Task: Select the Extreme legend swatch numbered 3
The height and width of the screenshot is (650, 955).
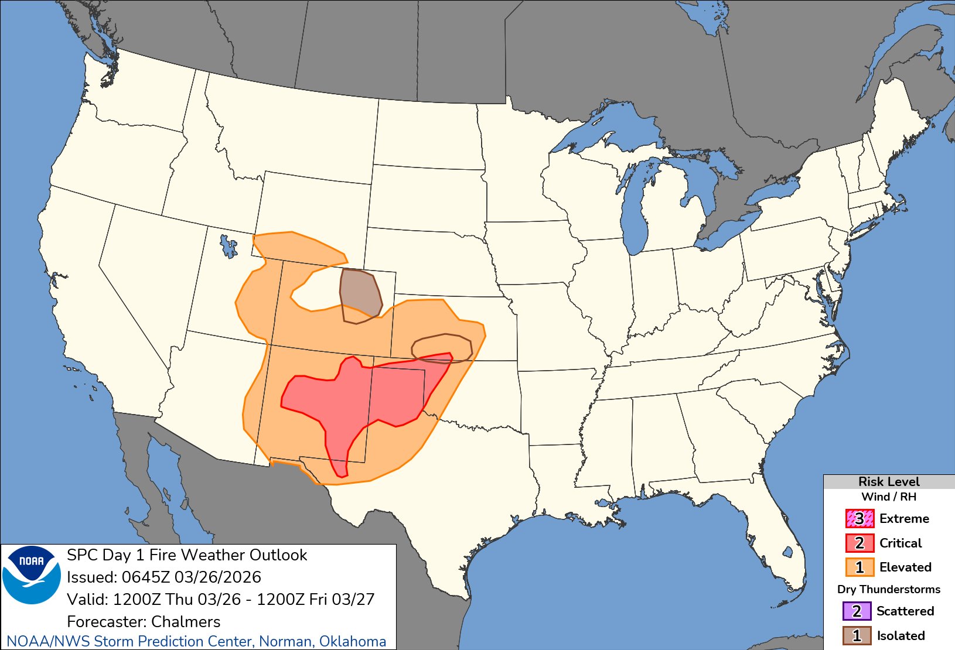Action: pos(859,518)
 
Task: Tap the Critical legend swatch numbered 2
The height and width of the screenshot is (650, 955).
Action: pos(859,543)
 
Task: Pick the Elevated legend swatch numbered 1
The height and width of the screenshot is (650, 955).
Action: pos(859,567)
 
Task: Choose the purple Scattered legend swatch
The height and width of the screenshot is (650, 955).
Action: pos(857,611)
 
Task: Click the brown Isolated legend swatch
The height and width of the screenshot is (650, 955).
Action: pos(857,635)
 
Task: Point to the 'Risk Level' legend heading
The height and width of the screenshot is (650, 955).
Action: pos(888,481)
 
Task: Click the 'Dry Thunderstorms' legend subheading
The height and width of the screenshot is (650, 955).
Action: pos(888,589)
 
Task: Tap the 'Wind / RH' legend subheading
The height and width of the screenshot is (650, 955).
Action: pos(888,497)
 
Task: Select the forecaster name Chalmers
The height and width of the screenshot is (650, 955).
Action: pos(186,621)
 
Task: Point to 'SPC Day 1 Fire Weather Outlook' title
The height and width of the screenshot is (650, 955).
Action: pos(187,555)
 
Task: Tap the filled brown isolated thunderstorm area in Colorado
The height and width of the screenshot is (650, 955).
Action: pos(360,296)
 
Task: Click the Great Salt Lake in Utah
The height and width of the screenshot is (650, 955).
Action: pos(228,245)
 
